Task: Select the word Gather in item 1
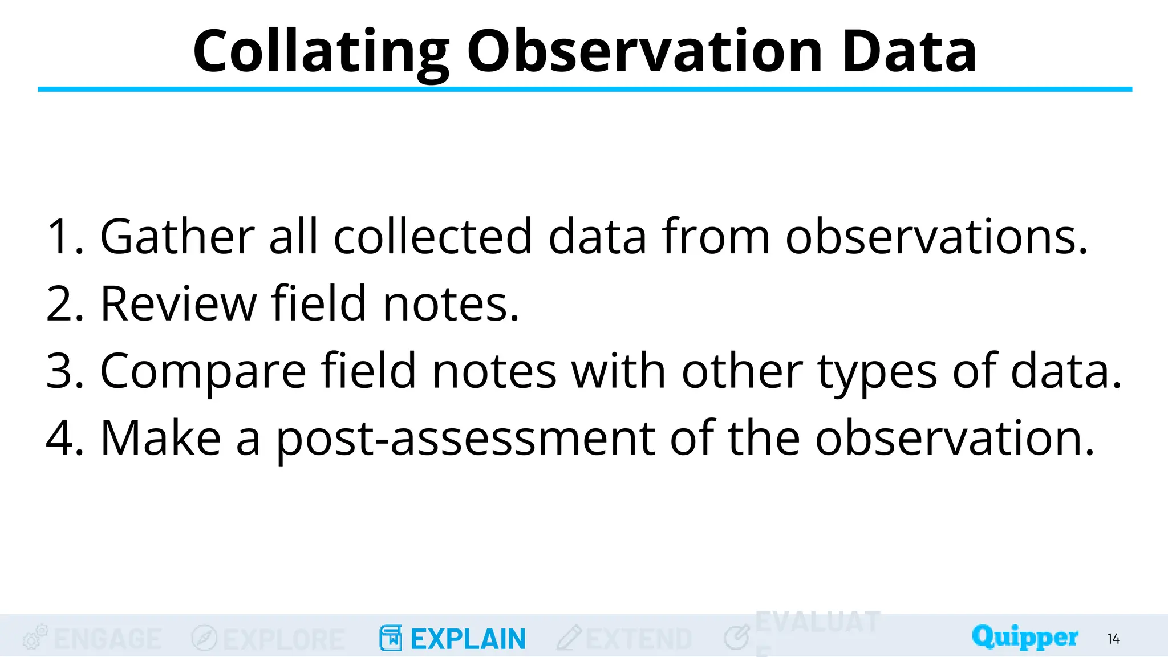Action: (x=177, y=237)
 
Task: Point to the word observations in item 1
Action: (x=936, y=237)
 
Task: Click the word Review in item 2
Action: (x=178, y=304)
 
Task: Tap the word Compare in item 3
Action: (x=203, y=371)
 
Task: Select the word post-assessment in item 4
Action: (x=465, y=439)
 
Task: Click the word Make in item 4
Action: (x=160, y=438)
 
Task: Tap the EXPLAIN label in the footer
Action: (x=468, y=639)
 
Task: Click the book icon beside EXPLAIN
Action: (x=390, y=638)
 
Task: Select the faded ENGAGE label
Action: (x=108, y=639)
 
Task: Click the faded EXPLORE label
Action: (x=283, y=639)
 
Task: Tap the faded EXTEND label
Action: (x=639, y=639)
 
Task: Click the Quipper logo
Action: (x=1024, y=637)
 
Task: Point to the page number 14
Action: (x=1113, y=639)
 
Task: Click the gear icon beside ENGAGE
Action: (x=34, y=638)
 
